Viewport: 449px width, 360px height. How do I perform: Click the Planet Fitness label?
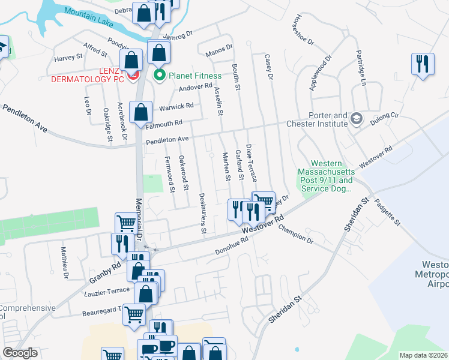coord(195,76)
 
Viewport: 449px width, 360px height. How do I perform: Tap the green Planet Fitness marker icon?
coord(160,76)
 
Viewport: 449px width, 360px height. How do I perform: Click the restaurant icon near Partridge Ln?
coord(423,64)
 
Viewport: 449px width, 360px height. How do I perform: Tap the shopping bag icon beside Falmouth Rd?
coord(140,112)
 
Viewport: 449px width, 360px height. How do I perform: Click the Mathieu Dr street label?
coord(64,265)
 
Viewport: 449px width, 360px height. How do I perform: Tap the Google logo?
coord(20,353)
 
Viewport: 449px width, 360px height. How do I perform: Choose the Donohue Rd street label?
coord(232,246)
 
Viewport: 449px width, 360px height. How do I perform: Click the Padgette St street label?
coord(388,212)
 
